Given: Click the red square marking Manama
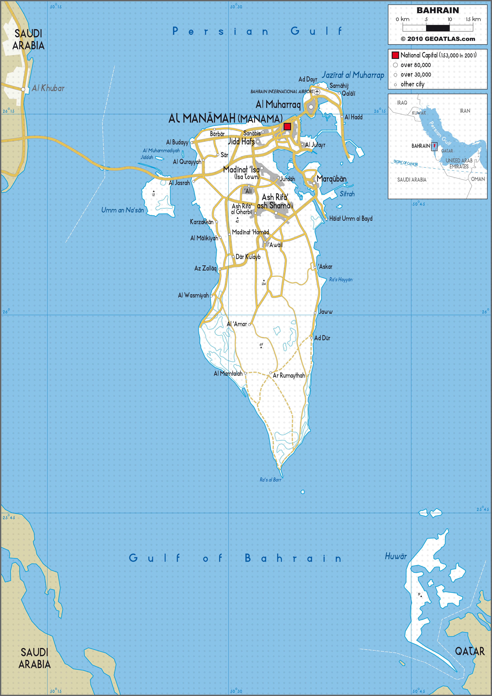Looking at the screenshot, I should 287,126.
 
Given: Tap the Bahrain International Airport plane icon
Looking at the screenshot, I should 317,92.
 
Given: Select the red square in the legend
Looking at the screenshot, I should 395,55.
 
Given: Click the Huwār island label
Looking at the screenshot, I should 396,556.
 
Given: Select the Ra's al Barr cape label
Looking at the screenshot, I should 270,480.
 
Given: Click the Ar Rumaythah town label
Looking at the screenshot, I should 289,375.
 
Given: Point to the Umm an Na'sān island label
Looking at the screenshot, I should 123,210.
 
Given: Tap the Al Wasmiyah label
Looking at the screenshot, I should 193,295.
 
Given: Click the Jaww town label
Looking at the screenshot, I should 326,312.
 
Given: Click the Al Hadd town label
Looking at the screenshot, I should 353,117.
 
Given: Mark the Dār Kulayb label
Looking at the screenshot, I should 248,257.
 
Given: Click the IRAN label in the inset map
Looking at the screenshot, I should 465,111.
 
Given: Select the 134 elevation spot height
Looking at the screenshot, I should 263,283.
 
